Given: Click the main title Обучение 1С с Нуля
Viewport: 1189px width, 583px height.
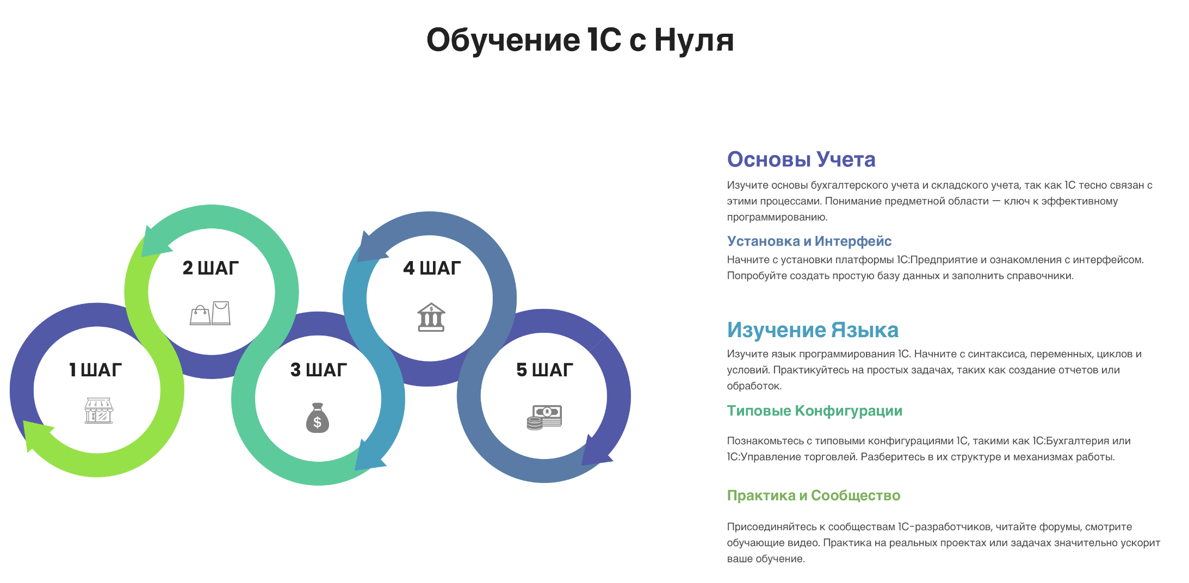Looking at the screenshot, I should coord(580,40).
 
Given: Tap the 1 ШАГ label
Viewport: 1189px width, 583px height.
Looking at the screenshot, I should coord(95,370).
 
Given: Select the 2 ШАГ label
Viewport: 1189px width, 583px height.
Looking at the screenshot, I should coord(210,268).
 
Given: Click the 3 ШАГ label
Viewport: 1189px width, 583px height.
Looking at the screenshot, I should coord(319,370).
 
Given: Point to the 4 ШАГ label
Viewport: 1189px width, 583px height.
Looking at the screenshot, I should coord(432,268).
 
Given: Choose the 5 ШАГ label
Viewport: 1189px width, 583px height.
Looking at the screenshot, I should coord(544,370).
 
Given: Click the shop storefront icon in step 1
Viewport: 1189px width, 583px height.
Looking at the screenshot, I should coord(98,411).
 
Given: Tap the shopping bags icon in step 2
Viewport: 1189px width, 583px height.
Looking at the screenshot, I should coord(210,313).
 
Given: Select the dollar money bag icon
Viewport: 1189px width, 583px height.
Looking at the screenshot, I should coord(318,418).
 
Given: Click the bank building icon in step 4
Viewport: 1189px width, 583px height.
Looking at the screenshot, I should coord(431,317).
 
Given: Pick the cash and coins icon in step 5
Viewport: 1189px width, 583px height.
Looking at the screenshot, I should coord(544,417).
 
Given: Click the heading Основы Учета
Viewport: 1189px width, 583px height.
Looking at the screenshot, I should coord(801,159).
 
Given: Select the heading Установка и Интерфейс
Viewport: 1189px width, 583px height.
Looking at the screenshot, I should coord(809,241).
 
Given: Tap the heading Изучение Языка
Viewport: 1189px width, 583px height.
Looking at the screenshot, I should coord(812,330).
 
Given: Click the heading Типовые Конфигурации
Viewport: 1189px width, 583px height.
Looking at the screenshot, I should coord(814,411).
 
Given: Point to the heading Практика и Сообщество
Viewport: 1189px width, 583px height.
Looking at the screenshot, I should coord(813,495).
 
